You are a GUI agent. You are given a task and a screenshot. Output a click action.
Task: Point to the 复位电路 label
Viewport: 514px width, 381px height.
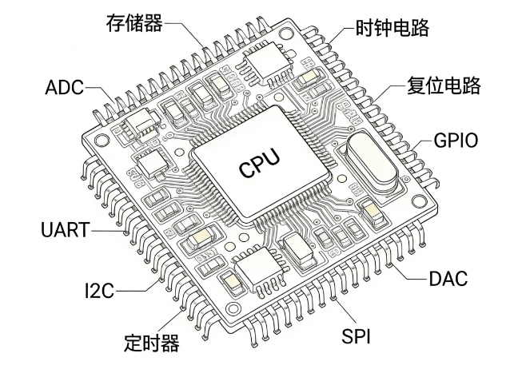pyautogui.click(x=444, y=85)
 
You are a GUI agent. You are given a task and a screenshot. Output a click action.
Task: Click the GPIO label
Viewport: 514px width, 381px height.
pyautogui.click(x=456, y=141)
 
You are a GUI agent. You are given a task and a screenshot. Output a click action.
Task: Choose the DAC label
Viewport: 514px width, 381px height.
pyautogui.click(x=448, y=279)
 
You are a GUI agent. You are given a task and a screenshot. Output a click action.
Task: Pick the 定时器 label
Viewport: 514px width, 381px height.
pyautogui.click(x=151, y=343)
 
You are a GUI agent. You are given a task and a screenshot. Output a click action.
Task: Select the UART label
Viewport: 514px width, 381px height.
pyautogui.click(x=66, y=231)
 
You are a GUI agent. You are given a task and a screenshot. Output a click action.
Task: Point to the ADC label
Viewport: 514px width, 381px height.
pyautogui.click(x=64, y=87)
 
